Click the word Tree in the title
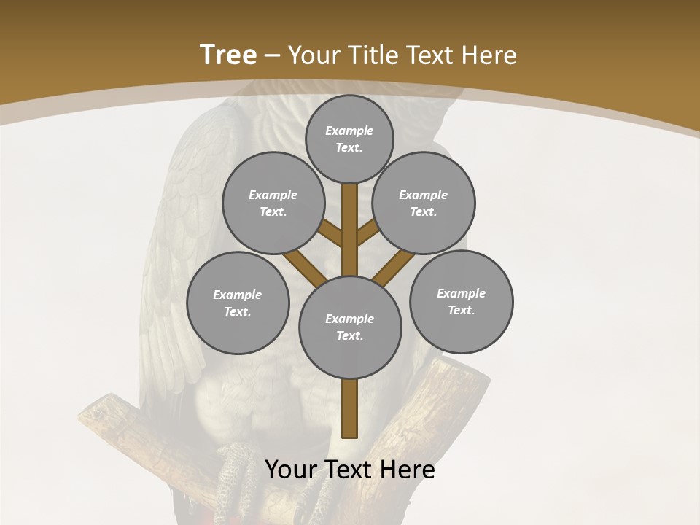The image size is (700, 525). pos(228,55)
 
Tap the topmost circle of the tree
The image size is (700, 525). pos(349,139)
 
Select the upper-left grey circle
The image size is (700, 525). pos(273,203)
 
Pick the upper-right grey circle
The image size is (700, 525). pos(424,203)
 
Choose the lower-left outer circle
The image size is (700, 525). pos(238,303)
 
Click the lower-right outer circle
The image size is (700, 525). pos(461,301)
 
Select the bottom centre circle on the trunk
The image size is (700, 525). pos(350,327)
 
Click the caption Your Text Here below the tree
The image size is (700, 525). pos(349,470)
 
